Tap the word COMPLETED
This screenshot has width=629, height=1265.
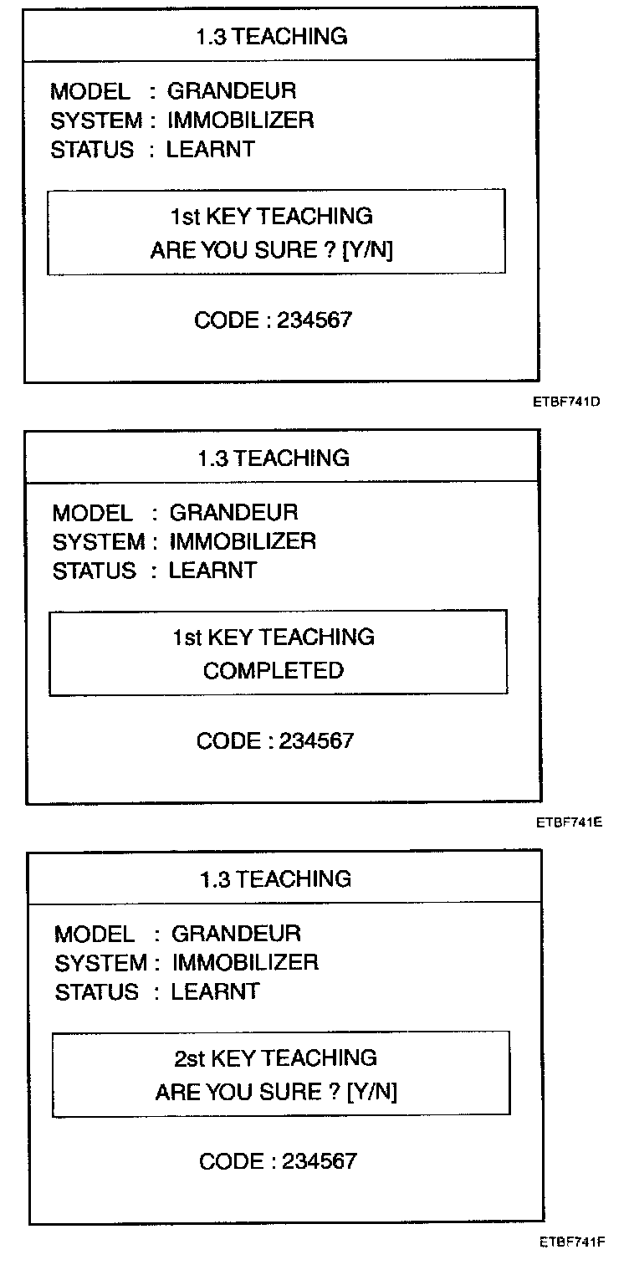(x=273, y=671)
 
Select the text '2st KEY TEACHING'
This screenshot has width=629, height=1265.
(x=275, y=1058)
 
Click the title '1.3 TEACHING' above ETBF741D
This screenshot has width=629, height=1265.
(x=271, y=37)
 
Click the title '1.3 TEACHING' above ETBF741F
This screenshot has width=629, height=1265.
(x=275, y=879)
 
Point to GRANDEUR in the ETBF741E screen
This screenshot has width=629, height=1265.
(x=233, y=512)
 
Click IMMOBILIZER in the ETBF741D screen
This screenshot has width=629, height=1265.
(x=241, y=120)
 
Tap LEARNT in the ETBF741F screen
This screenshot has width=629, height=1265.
(x=215, y=992)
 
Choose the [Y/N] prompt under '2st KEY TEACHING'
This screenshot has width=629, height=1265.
(x=371, y=1093)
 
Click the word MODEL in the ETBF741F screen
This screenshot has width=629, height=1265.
(x=95, y=934)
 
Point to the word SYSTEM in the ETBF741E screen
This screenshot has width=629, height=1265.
(x=98, y=542)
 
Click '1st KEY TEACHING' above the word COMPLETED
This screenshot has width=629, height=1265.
(x=273, y=638)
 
